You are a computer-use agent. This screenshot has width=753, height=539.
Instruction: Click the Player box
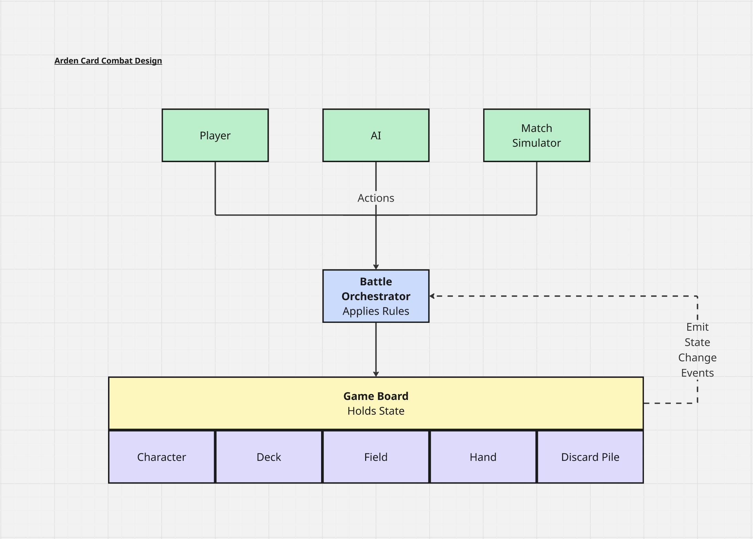[215, 135]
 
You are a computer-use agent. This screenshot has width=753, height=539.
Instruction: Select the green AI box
[376, 135]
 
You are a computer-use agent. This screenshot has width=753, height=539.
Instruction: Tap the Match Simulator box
[536, 135]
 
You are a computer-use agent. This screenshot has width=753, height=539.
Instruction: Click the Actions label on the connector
[376, 198]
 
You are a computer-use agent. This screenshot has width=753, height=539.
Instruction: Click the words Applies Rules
[376, 311]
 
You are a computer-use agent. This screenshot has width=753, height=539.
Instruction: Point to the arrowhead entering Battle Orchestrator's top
[376, 267]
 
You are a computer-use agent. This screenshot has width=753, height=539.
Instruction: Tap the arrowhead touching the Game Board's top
[376, 374]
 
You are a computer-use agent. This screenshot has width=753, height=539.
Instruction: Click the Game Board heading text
[376, 396]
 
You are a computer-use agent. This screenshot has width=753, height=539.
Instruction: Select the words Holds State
[376, 411]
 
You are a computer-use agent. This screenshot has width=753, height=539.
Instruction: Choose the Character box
[161, 457]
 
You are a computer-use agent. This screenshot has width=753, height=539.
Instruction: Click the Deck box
[269, 457]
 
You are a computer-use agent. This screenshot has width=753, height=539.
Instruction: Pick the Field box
[376, 457]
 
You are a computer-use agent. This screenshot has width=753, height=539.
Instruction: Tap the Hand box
[483, 457]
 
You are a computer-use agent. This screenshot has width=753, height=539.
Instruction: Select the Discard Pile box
[590, 457]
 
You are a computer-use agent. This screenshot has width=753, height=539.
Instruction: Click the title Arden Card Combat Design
[108, 61]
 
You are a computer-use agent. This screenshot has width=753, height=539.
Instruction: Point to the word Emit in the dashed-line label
[697, 327]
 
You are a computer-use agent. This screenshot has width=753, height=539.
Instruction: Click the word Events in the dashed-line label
[697, 373]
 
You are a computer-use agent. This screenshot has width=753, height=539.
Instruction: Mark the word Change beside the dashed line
[697, 358]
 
